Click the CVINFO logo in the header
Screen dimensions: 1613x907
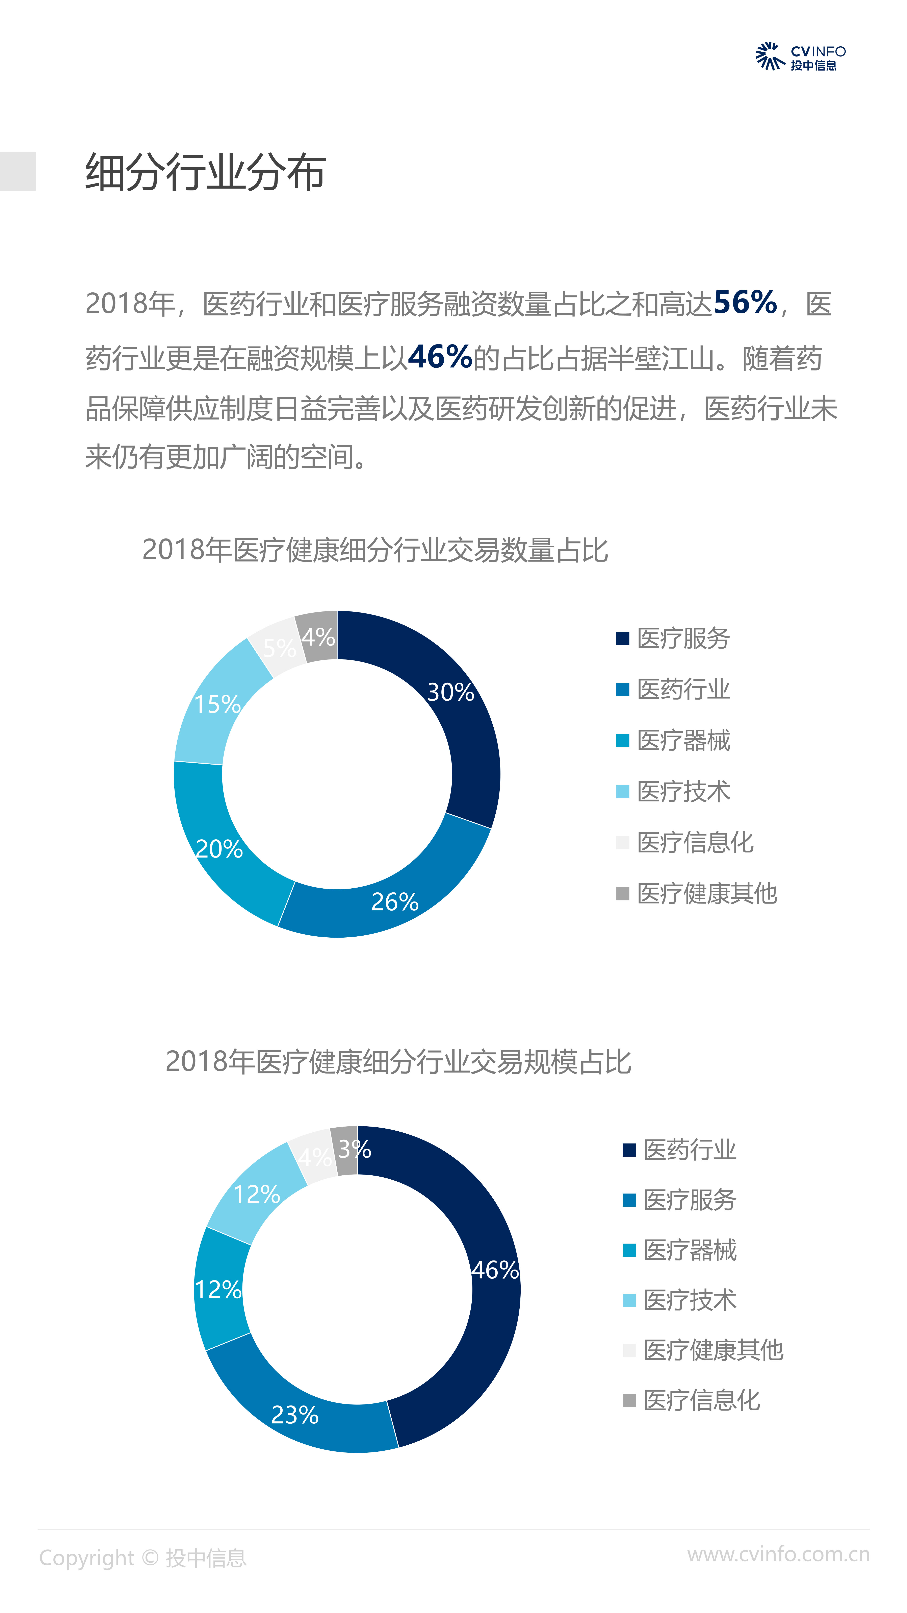point(800,57)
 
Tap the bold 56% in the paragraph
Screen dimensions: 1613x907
point(745,303)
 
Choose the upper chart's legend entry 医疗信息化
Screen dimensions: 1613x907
point(695,842)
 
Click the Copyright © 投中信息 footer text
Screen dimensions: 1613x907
point(143,1558)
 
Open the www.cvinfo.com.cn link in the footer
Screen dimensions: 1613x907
point(778,1554)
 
